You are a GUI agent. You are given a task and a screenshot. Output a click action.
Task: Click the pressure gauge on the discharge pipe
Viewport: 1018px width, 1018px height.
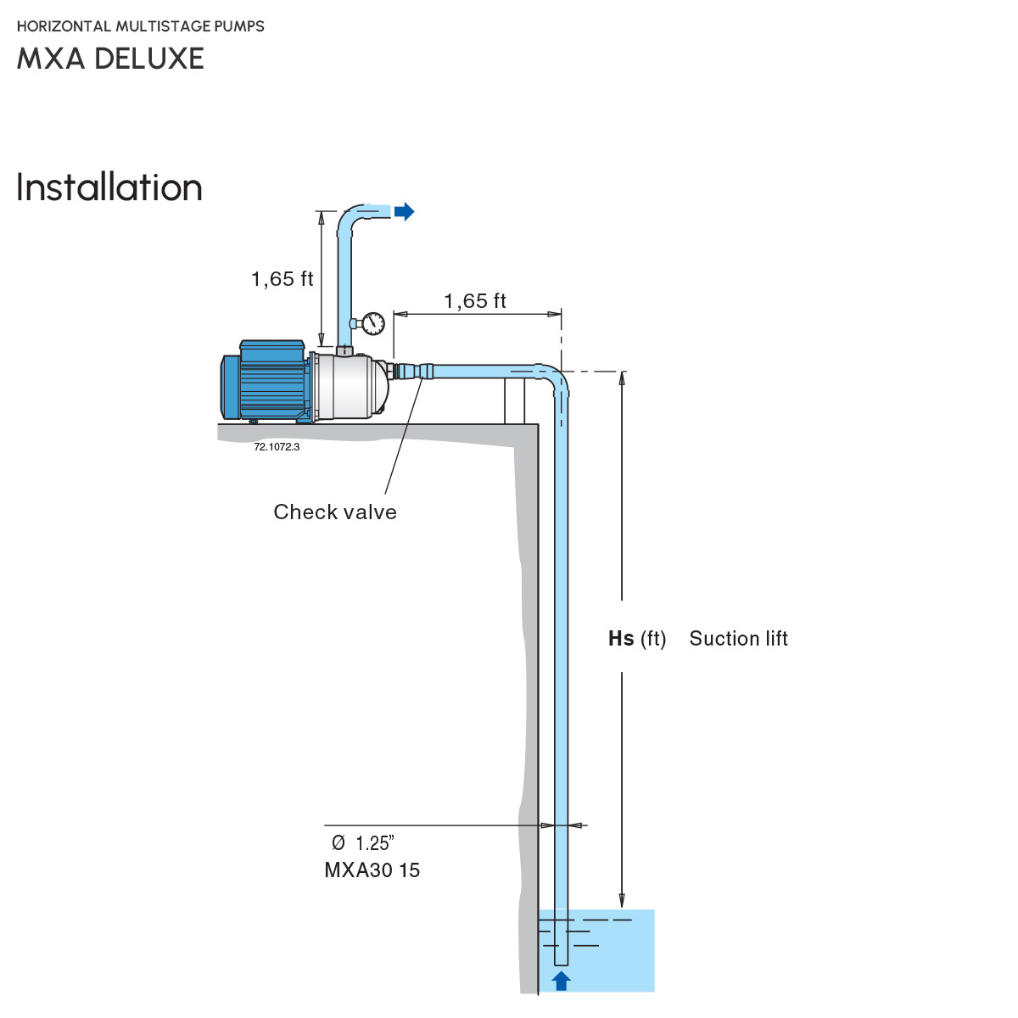(x=372, y=322)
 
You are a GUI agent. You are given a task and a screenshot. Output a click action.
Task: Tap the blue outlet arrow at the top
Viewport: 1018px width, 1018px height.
(x=405, y=211)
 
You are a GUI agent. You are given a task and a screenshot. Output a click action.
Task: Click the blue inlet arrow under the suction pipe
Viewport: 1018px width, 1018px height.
(x=561, y=981)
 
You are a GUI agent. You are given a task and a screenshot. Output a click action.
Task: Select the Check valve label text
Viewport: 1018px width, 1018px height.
(x=335, y=512)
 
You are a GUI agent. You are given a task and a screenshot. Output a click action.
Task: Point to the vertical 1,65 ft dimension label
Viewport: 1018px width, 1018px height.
(x=282, y=279)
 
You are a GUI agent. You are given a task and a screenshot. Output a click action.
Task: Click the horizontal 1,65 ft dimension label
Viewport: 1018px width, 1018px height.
(x=475, y=301)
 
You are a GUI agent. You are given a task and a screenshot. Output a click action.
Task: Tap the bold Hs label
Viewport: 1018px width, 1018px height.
(x=621, y=639)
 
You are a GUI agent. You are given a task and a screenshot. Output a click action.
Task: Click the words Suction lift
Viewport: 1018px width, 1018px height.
(x=738, y=639)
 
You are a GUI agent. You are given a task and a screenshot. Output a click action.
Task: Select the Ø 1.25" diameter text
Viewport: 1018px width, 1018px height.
(x=363, y=843)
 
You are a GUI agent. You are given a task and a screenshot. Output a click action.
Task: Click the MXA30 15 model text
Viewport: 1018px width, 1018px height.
(x=372, y=870)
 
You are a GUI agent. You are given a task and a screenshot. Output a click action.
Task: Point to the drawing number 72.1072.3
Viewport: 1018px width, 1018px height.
(x=277, y=447)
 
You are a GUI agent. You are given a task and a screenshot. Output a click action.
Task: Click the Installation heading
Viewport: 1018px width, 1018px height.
(x=109, y=187)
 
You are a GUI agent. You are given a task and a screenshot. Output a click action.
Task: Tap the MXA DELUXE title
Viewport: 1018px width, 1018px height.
(x=110, y=59)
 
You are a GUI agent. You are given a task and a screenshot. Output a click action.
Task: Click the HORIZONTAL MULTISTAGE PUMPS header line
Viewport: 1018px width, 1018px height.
(x=141, y=26)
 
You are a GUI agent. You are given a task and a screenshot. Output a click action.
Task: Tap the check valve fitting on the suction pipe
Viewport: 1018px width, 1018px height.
(x=423, y=372)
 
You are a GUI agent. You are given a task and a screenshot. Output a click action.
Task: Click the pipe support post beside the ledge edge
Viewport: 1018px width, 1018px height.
(x=514, y=401)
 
